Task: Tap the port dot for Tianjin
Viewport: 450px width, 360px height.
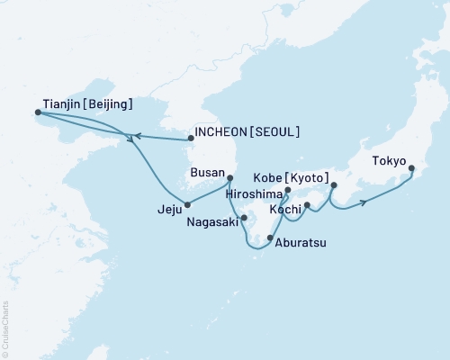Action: [38, 112]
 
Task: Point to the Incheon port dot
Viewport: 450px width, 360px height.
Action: [190, 139]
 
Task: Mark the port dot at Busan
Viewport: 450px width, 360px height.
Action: [229, 178]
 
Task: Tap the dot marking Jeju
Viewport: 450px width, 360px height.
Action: [187, 203]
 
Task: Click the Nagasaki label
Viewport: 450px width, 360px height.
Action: [212, 220]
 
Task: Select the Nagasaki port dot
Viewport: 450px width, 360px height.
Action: [244, 217]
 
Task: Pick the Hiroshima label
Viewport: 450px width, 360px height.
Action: [255, 193]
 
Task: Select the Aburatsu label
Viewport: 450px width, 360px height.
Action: [301, 240]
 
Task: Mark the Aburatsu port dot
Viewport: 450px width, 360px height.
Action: [270, 238]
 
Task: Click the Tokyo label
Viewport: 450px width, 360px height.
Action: [390, 162]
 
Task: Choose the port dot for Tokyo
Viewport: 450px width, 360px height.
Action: [411, 168]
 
